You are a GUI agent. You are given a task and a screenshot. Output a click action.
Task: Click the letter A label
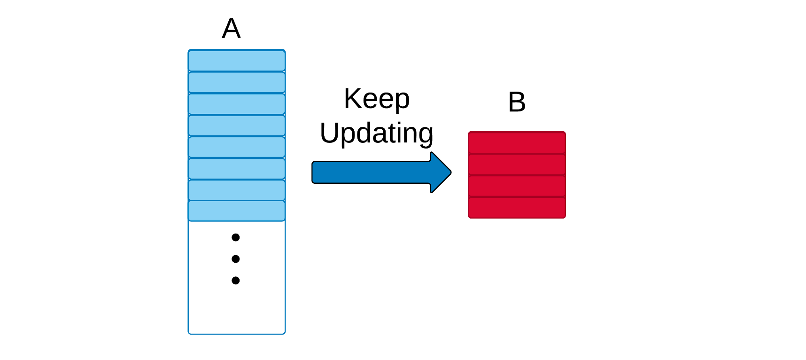pos(231,29)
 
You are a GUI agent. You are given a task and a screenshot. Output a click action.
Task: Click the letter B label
pos(517,102)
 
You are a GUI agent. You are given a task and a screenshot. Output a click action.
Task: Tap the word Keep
pos(377,99)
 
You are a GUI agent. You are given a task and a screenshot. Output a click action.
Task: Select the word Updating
pos(377,133)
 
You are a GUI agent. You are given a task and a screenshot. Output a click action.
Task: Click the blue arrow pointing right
pos(381,172)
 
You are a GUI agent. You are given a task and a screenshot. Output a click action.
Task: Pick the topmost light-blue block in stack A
pos(237,61)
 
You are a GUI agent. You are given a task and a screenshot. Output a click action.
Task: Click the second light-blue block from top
pos(237,82)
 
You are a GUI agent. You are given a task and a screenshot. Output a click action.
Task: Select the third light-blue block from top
pos(237,104)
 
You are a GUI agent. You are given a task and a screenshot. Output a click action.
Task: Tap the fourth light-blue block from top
pos(237,125)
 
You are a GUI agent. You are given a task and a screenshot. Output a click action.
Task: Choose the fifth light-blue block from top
pos(237,147)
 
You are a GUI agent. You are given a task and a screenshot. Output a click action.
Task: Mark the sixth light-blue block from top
pos(237,169)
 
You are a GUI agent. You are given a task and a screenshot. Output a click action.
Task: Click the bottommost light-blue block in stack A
pos(237,211)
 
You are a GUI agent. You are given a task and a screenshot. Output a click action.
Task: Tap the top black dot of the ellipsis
pos(236,237)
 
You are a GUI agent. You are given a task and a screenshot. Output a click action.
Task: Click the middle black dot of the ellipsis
pos(236,259)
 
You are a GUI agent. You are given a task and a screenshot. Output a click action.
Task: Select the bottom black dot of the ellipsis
pos(236,281)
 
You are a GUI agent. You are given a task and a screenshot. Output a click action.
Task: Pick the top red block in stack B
pos(517,142)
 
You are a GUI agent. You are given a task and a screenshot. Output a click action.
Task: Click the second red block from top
pos(517,164)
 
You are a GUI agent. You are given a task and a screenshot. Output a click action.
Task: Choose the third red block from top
pos(517,186)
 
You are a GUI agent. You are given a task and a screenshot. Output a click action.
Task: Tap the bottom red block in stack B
pos(517,207)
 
